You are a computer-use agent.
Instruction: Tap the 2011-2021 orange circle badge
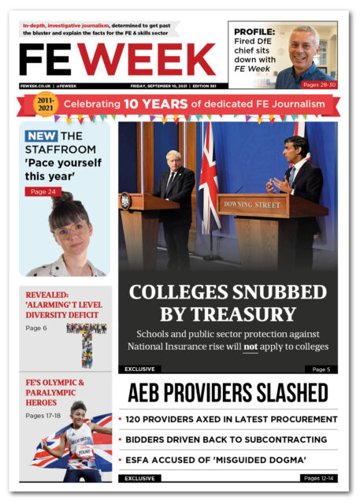(46, 104)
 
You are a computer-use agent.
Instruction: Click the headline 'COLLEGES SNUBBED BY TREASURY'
(228, 303)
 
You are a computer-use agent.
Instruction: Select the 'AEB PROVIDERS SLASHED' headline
(228, 392)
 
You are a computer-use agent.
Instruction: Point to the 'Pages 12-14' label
(318, 478)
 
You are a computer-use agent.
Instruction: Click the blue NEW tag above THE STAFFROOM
(40, 136)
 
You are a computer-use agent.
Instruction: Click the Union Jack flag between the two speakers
(209, 185)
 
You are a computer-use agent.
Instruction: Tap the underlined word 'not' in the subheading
(251, 346)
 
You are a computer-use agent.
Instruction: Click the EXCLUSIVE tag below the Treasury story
(139, 369)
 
